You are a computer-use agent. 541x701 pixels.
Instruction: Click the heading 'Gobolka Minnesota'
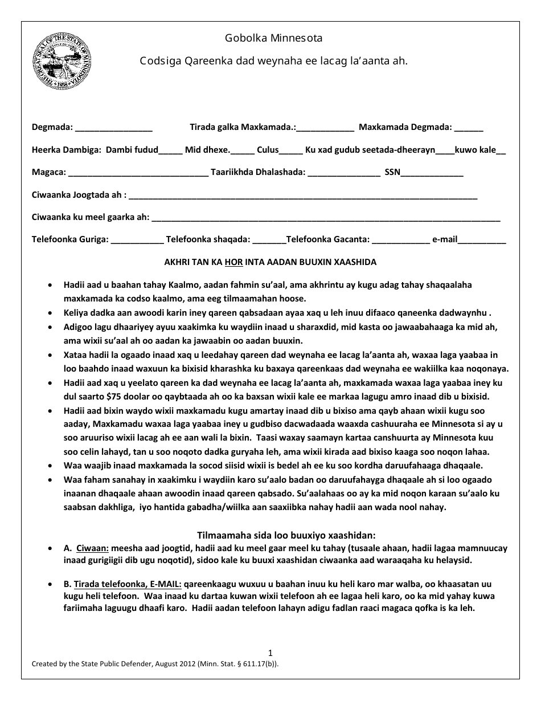273,38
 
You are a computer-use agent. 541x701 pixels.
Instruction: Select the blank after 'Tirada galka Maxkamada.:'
325,128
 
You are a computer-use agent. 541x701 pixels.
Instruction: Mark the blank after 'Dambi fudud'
170,151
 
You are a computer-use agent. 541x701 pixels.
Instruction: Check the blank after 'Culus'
291,151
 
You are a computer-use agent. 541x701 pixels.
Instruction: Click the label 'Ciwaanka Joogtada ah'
77,195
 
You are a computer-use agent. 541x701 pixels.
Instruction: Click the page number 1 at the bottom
270,653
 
